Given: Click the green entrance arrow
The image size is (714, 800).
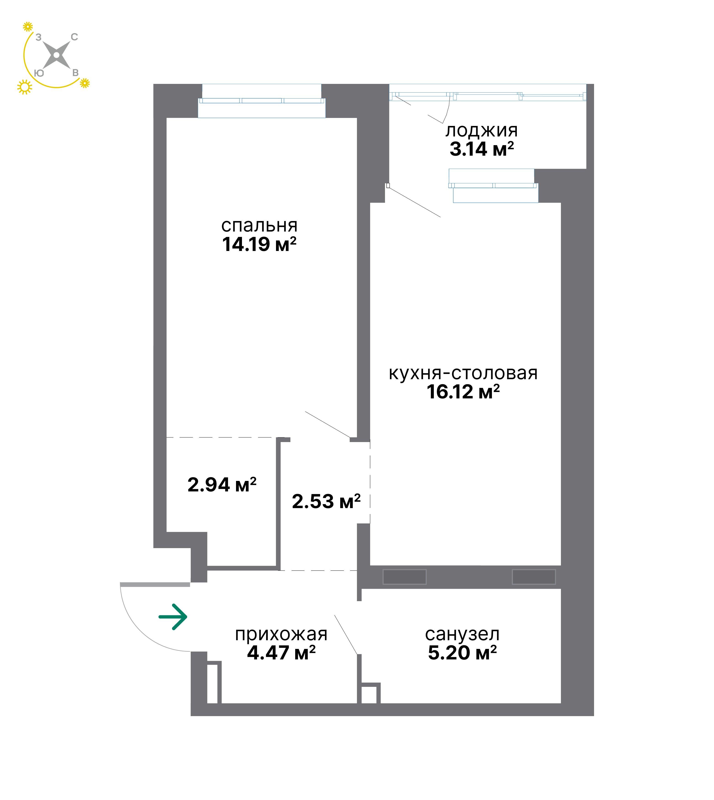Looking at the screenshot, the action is coord(173,617).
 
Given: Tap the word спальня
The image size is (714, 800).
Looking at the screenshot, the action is coord(259,226).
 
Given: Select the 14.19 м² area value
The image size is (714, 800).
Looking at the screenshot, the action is coord(259,244).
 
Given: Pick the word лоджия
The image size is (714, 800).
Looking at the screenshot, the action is coord(481,131).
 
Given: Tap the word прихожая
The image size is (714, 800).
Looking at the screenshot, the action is coord(281,634).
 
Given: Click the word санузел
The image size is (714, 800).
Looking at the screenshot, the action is coord(462,634).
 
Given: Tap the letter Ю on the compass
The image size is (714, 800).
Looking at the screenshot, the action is coord(39,73).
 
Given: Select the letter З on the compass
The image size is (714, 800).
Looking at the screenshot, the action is coord(38,37).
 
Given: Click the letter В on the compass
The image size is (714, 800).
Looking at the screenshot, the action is coord(75,73).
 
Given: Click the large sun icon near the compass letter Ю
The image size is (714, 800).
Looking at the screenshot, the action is coord(25,87).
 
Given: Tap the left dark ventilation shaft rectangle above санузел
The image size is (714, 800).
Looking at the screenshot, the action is coord(404,577).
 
